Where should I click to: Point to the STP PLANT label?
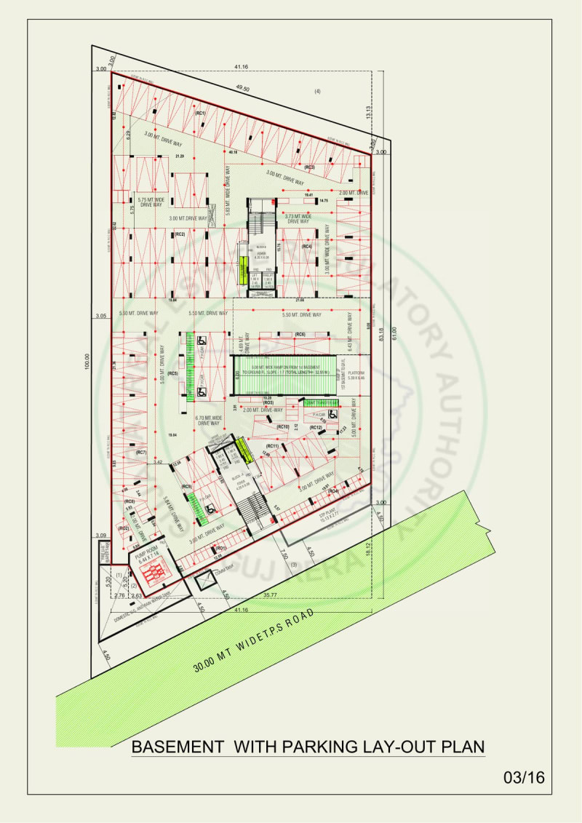[x=330, y=512]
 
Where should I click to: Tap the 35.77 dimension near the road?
[x=270, y=595]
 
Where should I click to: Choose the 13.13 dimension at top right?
[x=368, y=111]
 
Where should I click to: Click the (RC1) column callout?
[x=200, y=114]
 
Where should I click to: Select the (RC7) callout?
[x=141, y=453]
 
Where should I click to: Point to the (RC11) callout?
[x=273, y=445]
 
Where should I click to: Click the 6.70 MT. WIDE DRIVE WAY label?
[x=207, y=420]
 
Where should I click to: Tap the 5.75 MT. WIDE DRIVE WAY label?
[x=149, y=202]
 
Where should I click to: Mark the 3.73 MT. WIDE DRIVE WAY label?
[x=298, y=218]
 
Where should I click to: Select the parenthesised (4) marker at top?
[x=317, y=91]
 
